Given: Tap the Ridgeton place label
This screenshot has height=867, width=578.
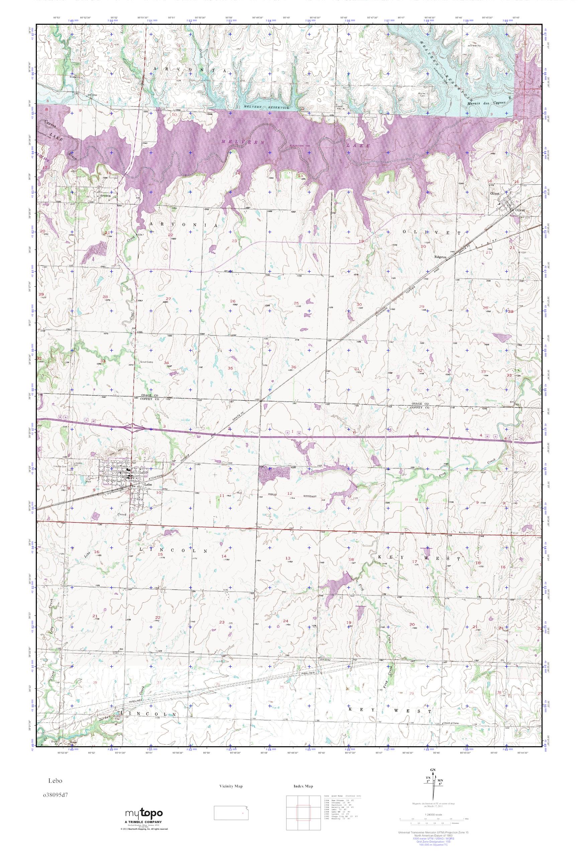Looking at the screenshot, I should [441, 257].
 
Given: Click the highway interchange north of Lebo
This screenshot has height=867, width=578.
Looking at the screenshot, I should [133, 428].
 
